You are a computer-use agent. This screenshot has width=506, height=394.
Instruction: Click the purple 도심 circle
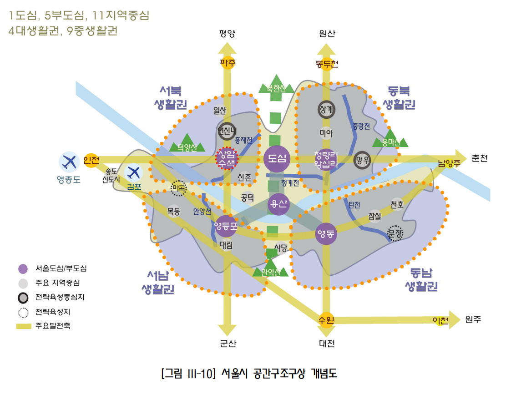click(x=277, y=159)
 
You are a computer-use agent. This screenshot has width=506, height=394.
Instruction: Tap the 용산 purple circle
click(x=278, y=203)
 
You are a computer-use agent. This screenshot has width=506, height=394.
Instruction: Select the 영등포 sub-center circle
click(x=226, y=226)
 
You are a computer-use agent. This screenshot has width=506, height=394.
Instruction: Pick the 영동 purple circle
click(x=326, y=234)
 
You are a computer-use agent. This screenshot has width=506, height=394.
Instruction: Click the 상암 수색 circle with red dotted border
click(x=226, y=158)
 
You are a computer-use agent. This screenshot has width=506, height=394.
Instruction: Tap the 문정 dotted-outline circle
click(x=395, y=232)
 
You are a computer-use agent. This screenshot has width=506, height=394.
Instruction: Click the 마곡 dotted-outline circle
click(x=178, y=188)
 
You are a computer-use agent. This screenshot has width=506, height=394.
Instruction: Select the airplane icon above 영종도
click(x=69, y=162)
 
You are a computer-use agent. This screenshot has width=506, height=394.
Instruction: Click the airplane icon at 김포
click(x=134, y=172)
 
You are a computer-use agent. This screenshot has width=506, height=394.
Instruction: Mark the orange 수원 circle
click(x=327, y=319)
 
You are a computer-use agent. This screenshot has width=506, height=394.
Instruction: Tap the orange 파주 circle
click(x=228, y=63)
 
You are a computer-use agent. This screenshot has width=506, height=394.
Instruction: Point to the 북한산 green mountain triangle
click(x=276, y=85)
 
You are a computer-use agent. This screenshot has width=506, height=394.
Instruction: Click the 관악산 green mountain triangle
click(x=271, y=268)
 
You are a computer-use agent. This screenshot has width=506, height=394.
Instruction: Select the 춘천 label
click(x=480, y=158)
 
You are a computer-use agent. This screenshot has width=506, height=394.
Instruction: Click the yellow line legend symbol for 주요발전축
click(x=24, y=326)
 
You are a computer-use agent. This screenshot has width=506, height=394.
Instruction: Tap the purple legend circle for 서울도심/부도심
click(x=24, y=269)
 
